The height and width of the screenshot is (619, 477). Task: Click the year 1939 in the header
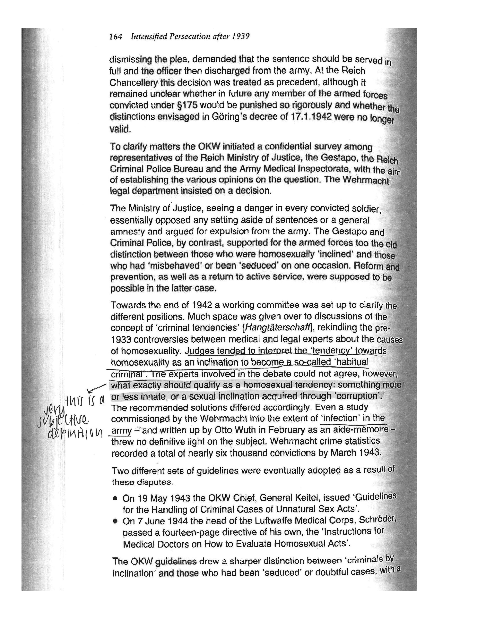point(241,37)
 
